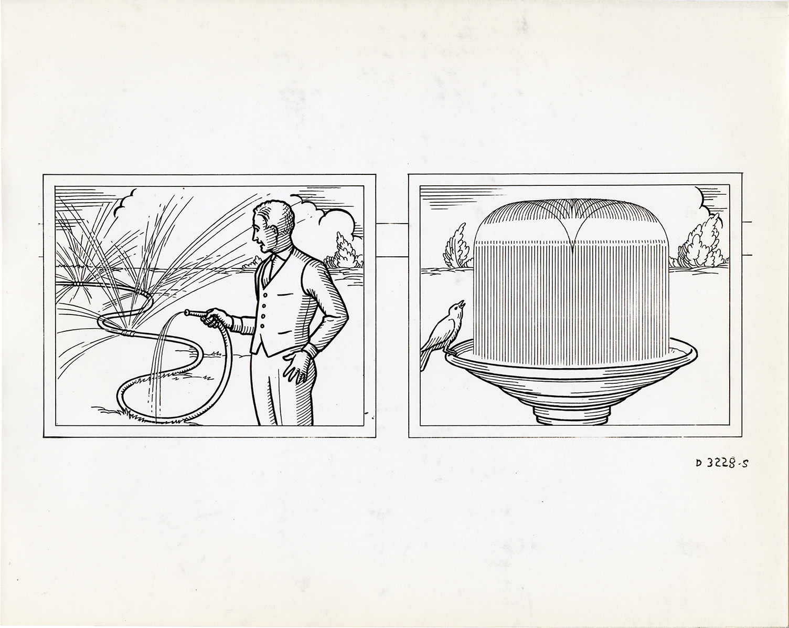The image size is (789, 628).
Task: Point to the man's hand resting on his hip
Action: [297, 366]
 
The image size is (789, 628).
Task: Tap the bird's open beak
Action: [462, 304]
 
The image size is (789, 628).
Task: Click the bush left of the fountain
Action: [456, 247]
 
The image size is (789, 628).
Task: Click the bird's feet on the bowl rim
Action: [449, 352]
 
